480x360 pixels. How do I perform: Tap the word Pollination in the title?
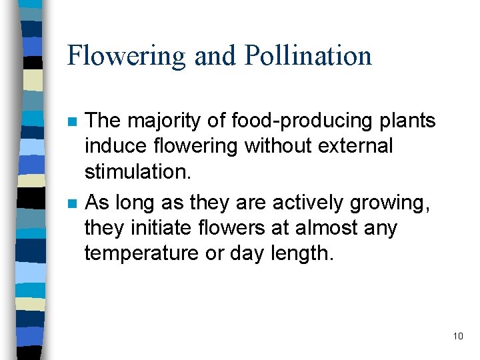point(308,55)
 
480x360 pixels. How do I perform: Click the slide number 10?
point(457,336)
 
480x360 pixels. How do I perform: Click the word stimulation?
point(137,171)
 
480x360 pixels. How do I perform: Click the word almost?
point(327,227)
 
